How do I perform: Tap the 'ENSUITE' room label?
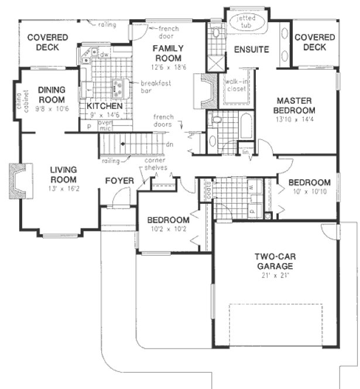[x=251, y=49]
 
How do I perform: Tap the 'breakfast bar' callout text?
[x=156, y=87]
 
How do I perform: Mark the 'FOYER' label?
[x=119, y=180]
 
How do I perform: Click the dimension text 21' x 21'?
[x=274, y=275]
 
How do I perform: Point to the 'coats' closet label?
[x=208, y=188]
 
